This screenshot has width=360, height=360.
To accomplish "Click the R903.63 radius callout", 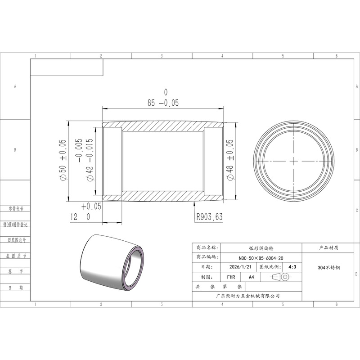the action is click(209, 217).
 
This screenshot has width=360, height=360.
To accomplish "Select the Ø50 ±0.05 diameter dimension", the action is click(63, 160).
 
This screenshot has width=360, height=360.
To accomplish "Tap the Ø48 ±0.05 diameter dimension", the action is click(230, 160).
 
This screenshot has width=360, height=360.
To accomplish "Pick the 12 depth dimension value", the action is click(74, 217).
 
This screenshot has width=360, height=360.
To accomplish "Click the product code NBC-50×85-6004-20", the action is click(261, 258).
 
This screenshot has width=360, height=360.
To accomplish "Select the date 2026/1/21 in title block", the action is click(240, 267).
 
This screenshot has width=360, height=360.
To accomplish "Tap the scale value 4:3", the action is click(292, 267).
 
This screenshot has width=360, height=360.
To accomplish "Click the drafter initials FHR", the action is click(231, 277).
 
